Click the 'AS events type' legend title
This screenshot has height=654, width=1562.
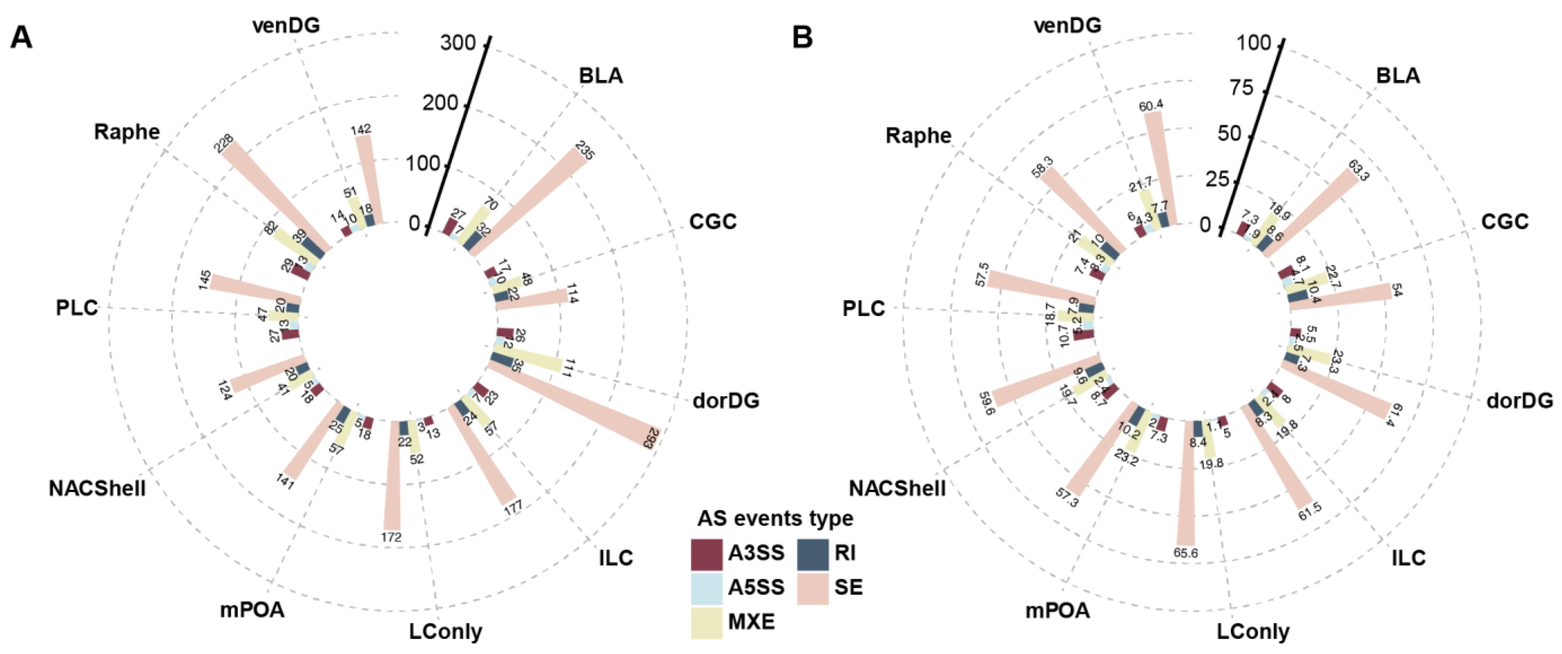775,519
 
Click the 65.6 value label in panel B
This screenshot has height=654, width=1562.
1186,553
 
